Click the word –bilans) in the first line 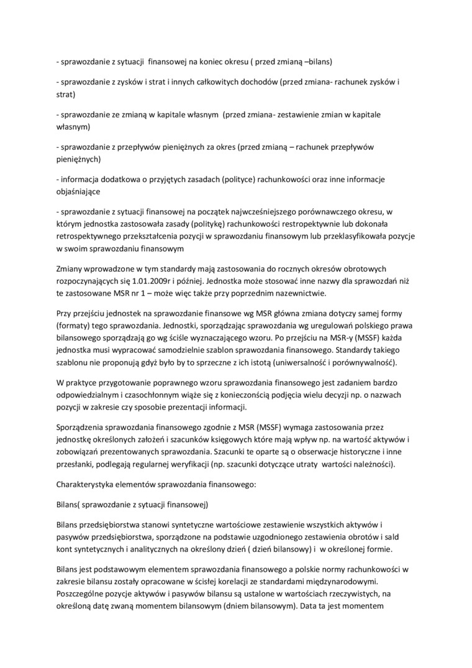(x=317, y=62)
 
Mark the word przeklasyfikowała (x=356, y=236)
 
